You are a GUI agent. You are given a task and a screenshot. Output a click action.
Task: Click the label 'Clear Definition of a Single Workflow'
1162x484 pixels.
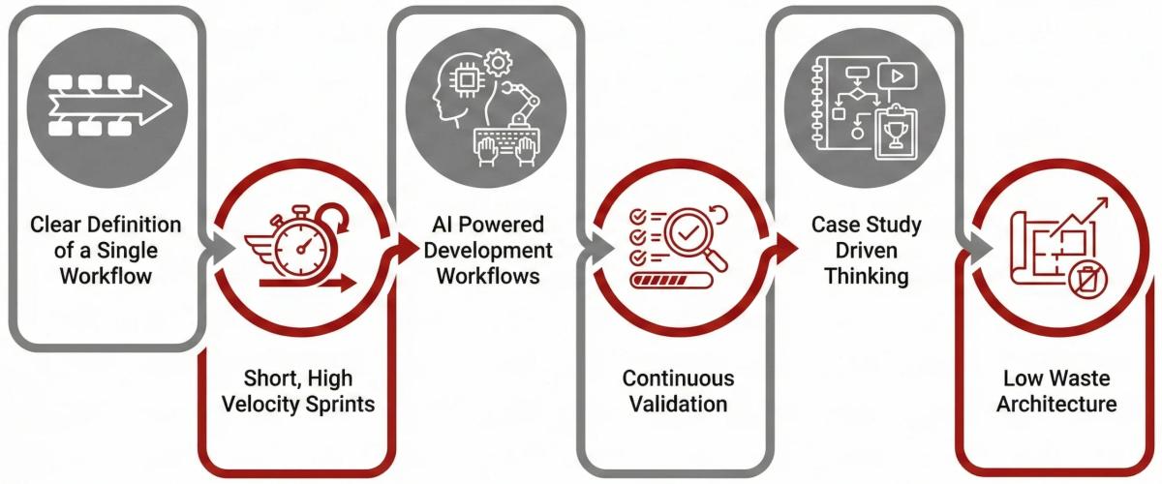(106, 250)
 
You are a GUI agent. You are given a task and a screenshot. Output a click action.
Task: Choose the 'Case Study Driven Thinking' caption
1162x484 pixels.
(866, 250)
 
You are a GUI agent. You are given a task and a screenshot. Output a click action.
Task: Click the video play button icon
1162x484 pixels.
(896, 75)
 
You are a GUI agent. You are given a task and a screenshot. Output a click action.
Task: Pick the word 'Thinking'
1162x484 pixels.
(866, 276)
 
